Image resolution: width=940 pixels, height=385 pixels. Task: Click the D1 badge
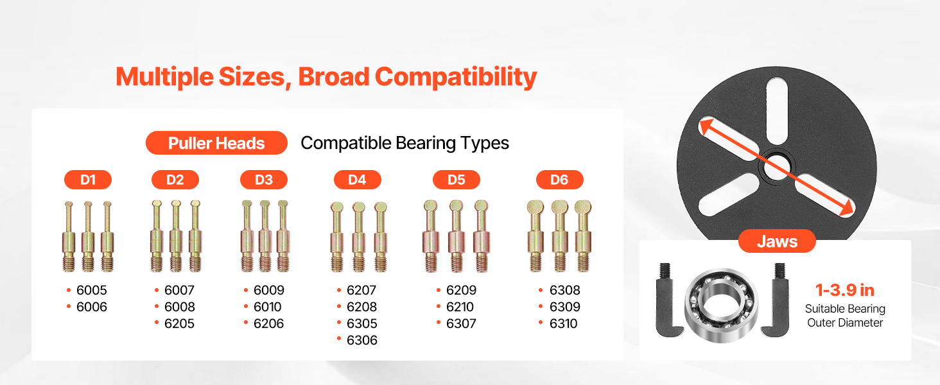click(88, 180)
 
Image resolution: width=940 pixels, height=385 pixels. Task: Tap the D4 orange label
click(357, 180)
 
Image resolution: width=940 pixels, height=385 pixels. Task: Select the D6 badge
click(559, 180)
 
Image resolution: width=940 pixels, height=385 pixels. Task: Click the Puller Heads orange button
click(216, 143)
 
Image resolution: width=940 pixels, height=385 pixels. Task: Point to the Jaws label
click(777, 241)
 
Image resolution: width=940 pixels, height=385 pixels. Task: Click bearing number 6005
click(91, 290)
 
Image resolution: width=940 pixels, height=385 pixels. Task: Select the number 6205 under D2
click(179, 324)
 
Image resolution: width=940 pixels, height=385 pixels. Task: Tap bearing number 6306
click(361, 340)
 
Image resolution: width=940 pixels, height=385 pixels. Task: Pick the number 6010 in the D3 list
click(267, 307)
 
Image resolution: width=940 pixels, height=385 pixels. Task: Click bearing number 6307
click(461, 324)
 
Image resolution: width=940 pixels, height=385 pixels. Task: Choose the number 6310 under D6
click(563, 324)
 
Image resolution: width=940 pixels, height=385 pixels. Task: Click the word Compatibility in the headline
click(456, 77)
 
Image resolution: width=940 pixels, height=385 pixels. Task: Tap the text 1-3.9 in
click(845, 290)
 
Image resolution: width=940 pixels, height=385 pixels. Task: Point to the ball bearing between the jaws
click(721, 305)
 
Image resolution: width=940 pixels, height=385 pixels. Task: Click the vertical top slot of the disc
click(777, 111)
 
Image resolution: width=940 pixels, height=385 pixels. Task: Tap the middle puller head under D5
click(456, 235)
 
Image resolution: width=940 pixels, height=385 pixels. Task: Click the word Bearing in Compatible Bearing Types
click(426, 144)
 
